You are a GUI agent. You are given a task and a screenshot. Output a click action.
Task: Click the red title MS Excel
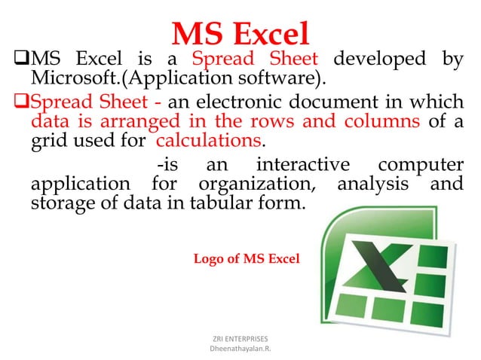coord(240,34)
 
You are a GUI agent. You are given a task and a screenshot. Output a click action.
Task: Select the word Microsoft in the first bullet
coord(69,78)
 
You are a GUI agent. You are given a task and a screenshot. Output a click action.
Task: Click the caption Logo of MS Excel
coord(246,259)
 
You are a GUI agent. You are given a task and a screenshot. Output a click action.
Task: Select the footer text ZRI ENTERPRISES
coord(240,340)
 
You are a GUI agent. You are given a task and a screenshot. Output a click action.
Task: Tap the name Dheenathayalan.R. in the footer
coord(240,350)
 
